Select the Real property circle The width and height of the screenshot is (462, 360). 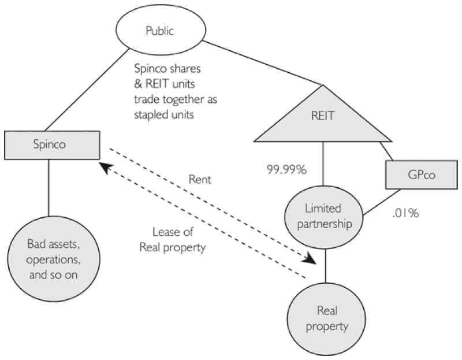(x=327, y=318)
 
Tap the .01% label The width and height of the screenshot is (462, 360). (x=405, y=213)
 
